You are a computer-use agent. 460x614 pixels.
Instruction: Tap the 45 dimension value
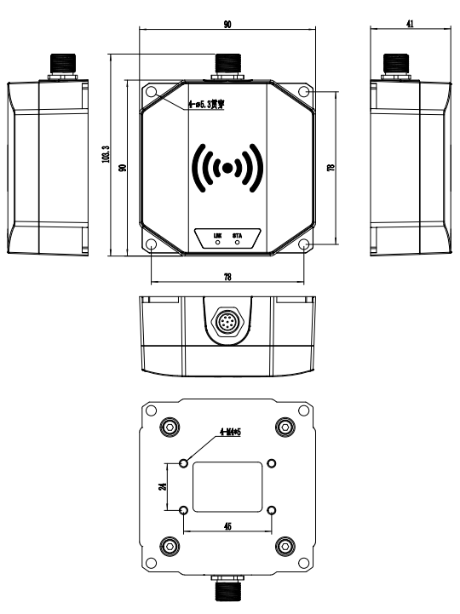pos(227,527)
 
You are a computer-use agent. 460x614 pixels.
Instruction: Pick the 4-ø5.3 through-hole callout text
pos(207,104)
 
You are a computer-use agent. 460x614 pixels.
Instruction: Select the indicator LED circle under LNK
pos(216,243)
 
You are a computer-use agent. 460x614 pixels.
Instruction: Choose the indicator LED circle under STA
pos(237,243)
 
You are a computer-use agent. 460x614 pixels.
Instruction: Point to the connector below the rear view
pos(227,591)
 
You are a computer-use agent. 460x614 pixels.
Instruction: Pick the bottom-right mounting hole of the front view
pos(304,245)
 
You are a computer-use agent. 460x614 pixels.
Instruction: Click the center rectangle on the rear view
pos(227,487)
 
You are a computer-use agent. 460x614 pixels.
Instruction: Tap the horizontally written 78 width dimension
pos(227,278)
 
